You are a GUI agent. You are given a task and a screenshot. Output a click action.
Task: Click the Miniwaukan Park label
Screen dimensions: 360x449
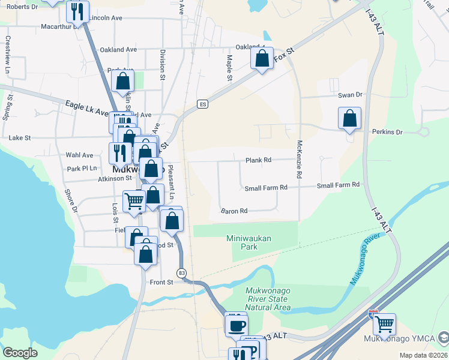249,242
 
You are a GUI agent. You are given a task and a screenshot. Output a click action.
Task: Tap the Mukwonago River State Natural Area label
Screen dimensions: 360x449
268,299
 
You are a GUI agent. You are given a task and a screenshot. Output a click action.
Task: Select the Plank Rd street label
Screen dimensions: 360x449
259,160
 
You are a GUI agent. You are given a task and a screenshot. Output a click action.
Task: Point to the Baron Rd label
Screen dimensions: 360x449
234,211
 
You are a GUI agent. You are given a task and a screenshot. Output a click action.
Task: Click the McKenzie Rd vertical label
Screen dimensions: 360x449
299,159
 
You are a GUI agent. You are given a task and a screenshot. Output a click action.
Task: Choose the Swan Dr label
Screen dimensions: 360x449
351,95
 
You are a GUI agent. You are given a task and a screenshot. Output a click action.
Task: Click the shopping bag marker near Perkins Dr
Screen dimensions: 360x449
350,119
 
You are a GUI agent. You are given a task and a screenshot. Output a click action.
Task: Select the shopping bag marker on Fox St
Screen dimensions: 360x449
262,59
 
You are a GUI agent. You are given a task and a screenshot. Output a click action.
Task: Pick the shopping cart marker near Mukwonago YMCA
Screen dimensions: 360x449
384,325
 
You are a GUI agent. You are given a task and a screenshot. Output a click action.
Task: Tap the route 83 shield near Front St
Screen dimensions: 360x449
181,273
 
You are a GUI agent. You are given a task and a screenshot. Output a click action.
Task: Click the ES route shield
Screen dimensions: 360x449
203,104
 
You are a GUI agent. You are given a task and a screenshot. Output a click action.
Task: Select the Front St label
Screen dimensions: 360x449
161,282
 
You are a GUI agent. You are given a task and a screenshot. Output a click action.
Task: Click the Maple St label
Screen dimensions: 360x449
229,67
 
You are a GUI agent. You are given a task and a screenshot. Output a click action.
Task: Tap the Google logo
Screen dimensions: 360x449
20,353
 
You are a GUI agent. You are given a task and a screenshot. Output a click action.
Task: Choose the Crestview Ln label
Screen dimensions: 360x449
8,50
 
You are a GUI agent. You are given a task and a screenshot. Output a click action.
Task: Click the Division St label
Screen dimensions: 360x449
162,64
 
